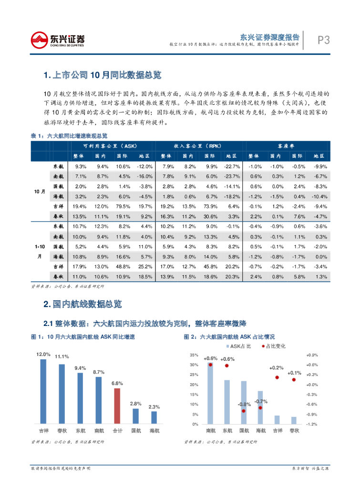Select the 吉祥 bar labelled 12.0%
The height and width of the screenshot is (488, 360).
(x=43, y=391)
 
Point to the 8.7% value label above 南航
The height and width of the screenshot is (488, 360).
(x=99, y=372)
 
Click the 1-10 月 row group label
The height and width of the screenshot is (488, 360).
(x=40, y=252)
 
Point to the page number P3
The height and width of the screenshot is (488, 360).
(x=324, y=41)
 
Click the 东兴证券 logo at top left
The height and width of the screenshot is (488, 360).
(x=58, y=40)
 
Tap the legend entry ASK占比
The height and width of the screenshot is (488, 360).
(x=237, y=346)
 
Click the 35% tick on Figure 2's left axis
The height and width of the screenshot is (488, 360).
(x=194, y=356)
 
